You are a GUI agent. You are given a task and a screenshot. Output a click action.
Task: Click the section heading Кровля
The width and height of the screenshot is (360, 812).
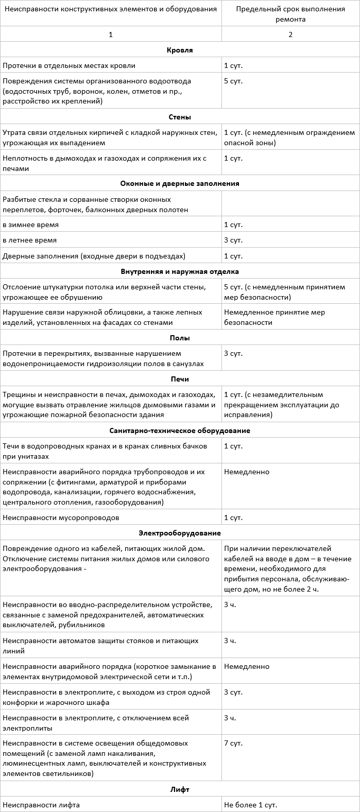point(180,50)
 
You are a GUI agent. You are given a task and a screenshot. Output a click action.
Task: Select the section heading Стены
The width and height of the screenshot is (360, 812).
point(180,117)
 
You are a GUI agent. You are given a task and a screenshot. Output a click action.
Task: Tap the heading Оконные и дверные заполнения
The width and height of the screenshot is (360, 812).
point(180,183)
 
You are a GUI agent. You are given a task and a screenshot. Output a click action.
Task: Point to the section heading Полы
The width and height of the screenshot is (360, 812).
point(180,338)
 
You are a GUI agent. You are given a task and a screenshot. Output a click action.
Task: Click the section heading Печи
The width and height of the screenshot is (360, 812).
point(180,379)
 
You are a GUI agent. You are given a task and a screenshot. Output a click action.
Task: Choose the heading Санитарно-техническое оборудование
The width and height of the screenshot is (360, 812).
point(180,430)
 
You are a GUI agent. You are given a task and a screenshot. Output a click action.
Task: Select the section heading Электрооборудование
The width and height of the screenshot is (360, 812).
point(180,533)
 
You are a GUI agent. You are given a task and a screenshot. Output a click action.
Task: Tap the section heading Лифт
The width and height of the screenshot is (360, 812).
point(180,789)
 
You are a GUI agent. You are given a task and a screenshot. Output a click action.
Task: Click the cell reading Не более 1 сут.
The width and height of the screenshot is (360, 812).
point(251,804)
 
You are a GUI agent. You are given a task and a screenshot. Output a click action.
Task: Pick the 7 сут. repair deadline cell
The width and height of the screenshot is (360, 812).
point(233,744)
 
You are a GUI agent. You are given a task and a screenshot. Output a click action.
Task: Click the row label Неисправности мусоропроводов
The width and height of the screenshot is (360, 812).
point(61,517)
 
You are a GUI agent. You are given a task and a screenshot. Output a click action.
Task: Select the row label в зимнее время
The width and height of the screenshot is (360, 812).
point(31,225)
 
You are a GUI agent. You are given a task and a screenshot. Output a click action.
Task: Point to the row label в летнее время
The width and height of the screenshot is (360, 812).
point(30,240)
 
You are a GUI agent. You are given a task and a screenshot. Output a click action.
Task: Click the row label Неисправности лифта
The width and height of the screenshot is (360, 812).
point(41,804)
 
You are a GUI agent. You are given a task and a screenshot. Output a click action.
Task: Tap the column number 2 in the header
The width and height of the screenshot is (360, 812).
point(290,34)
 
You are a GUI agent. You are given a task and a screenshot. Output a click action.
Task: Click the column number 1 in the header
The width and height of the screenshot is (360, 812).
point(111,34)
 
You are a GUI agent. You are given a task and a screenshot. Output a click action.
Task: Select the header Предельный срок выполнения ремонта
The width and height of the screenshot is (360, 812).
point(290,14)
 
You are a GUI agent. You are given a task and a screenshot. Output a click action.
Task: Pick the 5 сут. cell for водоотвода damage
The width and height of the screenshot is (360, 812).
point(233,81)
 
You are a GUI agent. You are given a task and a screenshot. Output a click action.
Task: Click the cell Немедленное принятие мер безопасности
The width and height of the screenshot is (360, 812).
point(275,317)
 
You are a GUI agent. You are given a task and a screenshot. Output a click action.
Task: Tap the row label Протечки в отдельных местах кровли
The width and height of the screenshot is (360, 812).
point(69,65)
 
